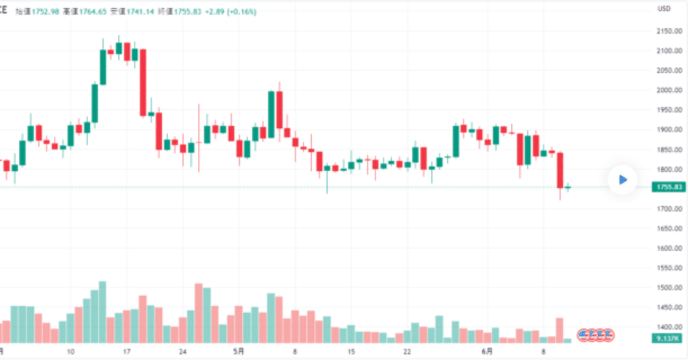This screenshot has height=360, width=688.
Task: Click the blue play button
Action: click(622, 180)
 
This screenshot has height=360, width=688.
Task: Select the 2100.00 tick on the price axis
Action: click(669, 51)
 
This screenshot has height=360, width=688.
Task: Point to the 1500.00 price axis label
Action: click(669, 287)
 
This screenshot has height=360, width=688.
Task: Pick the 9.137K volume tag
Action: click(669, 339)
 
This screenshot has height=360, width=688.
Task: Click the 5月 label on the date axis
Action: click(238, 352)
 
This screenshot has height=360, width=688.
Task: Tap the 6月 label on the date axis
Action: click(487, 352)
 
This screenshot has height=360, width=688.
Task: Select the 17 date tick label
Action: click(127, 352)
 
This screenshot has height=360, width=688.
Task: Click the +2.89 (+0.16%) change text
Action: click(230, 11)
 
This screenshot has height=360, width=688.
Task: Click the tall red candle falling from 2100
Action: click(143, 82)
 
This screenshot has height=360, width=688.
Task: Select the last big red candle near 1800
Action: click(560, 170)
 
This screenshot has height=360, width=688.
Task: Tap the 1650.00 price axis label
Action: click(669, 228)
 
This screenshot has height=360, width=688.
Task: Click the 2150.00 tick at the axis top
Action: click(669, 31)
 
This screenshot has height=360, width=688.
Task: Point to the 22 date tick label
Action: click(407, 352)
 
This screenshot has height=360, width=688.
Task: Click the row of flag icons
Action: click(596, 335)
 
